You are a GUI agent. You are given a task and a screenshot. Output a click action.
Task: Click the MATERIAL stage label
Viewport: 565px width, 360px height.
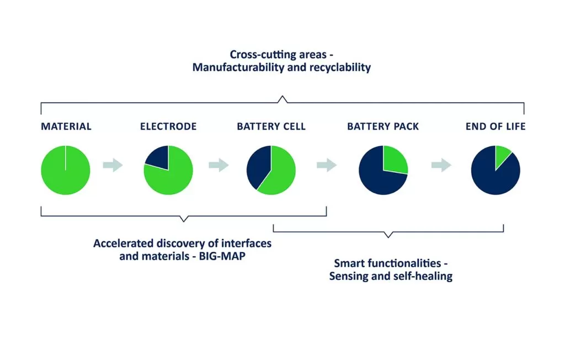tap(66, 126)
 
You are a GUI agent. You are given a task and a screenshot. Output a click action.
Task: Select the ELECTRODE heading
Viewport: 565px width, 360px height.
tap(168, 126)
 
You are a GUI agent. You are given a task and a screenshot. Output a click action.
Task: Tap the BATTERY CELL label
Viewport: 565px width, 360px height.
tap(271, 126)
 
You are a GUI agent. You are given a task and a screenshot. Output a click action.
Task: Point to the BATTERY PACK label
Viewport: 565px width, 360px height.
tap(383, 126)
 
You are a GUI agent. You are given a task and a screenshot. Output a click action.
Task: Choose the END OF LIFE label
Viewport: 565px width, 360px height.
tap(495, 126)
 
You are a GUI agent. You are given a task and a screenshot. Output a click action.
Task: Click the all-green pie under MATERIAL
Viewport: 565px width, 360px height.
tap(66, 170)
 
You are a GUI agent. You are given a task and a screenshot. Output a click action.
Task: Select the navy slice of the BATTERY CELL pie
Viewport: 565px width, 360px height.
tap(257, 167)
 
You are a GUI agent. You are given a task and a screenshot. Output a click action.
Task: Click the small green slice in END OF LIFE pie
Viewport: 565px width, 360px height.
tap(501, 155)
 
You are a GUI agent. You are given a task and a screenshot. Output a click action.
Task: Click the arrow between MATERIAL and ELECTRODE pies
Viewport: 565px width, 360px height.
tap(113, 165)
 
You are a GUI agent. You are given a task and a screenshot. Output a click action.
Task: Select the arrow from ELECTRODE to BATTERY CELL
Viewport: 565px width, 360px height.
tap(218, 165)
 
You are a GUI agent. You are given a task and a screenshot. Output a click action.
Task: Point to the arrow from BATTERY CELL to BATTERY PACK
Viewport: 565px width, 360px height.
tap(327, 165)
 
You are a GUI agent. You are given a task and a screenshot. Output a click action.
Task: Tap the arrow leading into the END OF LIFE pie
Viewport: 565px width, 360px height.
tap(441, 165)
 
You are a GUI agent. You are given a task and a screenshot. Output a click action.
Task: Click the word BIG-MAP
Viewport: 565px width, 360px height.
tap(222, 256)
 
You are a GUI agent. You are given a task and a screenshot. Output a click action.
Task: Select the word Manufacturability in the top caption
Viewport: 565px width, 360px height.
tap(238, 67)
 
